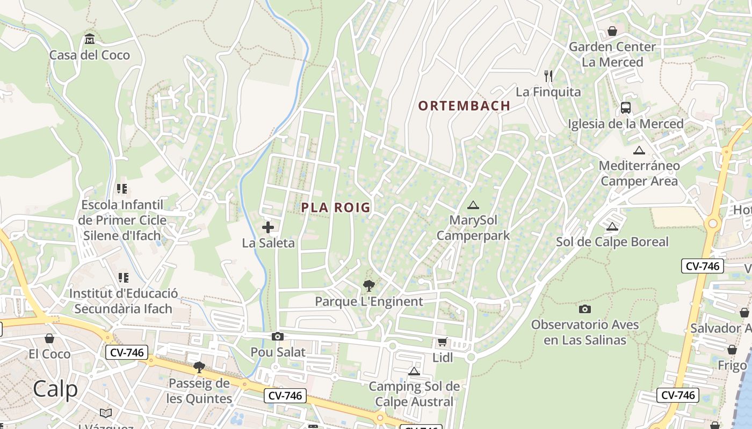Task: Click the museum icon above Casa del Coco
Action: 90,39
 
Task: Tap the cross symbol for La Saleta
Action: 268,227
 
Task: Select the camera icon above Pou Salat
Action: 278,336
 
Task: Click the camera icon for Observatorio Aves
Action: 585,309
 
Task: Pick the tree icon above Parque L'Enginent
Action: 368,285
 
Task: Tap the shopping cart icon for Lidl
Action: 442,342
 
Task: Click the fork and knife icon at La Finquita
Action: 548,76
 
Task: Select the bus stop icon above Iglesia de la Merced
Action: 626,108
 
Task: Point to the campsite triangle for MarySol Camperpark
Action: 473,205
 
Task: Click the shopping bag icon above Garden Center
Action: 612,31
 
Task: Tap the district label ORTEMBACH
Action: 464,106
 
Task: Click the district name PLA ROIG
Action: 336,208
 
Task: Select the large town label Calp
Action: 55,389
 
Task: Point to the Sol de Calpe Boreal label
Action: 612,242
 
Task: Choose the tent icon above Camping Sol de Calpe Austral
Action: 414,371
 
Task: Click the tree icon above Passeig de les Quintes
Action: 199,367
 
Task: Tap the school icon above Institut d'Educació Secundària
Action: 123,278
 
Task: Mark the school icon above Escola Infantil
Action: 122,189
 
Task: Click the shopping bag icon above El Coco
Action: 49,338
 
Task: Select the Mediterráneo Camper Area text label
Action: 639,173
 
